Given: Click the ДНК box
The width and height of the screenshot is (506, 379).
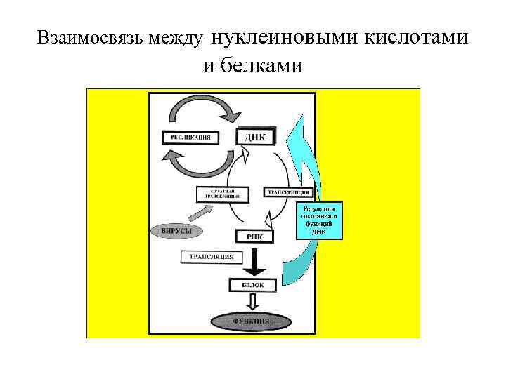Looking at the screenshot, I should [254, 136].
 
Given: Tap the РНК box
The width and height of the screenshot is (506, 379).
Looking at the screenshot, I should [254, 237].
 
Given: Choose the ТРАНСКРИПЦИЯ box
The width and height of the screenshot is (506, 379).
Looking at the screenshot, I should [288, 192].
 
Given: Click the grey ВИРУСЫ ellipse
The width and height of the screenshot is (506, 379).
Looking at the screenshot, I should [172, 230].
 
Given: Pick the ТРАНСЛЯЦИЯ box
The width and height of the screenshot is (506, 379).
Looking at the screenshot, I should [212, 257].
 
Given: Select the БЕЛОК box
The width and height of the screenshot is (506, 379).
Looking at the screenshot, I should [254, 285].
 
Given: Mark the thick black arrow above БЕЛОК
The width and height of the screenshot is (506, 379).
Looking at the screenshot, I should [254, 263].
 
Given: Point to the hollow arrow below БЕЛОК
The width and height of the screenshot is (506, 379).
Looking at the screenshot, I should [254, 300].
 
